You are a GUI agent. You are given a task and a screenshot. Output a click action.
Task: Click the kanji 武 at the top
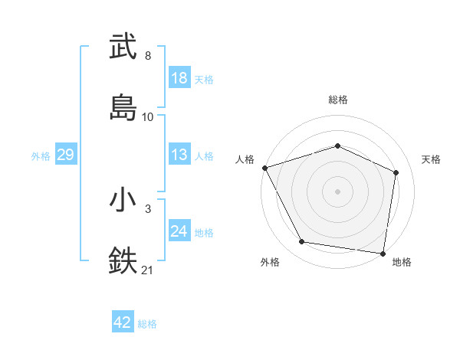[x=123, y=47]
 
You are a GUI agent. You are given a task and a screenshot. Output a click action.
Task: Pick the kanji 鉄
[x=123, y=260]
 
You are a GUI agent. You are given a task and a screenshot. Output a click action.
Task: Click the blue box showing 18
[x=179, y=78]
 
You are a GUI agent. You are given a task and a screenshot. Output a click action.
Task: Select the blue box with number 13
[x=179, y=155]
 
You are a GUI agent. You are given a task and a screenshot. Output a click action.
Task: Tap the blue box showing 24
[x=179, y=231]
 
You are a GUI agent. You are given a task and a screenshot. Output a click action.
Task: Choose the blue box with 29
[x=66, y=155]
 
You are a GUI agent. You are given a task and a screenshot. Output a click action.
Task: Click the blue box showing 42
[x=123, y=322]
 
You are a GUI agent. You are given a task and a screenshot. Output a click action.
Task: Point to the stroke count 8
[x=148, y=56]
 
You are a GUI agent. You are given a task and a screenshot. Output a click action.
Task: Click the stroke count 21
[x=148, y=270]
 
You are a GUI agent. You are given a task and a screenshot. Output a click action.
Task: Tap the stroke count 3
[x=148, y=208]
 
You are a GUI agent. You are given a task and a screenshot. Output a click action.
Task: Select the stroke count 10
[x=148, y=117]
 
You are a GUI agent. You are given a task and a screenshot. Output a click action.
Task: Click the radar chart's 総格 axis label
[x=337, y=100]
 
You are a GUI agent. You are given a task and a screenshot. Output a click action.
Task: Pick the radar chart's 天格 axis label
[x=432, y=159]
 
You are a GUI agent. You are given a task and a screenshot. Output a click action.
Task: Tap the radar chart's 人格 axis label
[x=245, y=159]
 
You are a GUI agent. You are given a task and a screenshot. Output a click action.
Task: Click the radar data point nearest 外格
[x=302, y=242]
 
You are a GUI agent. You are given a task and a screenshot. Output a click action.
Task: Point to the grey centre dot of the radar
[x=337, y=191]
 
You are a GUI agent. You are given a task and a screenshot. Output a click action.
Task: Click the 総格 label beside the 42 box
[x=147, y=324]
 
